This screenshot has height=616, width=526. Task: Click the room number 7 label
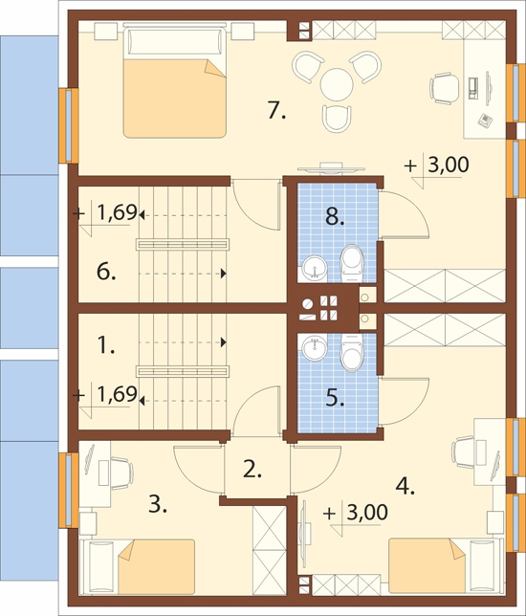(x=277, y=110)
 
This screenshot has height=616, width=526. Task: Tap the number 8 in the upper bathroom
(x=335, y=217)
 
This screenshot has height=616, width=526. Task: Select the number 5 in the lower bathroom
(x=335, y=398)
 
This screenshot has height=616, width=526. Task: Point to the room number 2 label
(x=252, y=469)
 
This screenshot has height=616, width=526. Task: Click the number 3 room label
(x=158, y=504)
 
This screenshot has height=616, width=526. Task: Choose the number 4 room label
(x=405, y=487)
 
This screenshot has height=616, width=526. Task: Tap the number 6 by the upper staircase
(x=106, y=272)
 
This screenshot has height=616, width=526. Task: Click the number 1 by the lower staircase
(x=105, y=346)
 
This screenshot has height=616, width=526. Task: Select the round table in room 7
(x=337, y=84)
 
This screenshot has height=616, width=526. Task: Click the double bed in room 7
(x=175, y=81)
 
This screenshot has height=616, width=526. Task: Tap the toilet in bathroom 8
(x=352, y=263)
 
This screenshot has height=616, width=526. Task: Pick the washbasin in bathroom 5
(x=315, y=347)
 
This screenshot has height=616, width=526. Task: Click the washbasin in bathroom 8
(x=315, y=269)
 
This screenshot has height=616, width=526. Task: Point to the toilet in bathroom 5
(x=352, y=352)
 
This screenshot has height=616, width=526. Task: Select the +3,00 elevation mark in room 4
(x=356, y=516)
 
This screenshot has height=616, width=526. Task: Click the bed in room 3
(x=138, y=566)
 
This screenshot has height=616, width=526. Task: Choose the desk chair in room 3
(x=122, y=473)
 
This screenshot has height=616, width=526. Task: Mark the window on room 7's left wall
(x=69, y=125)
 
